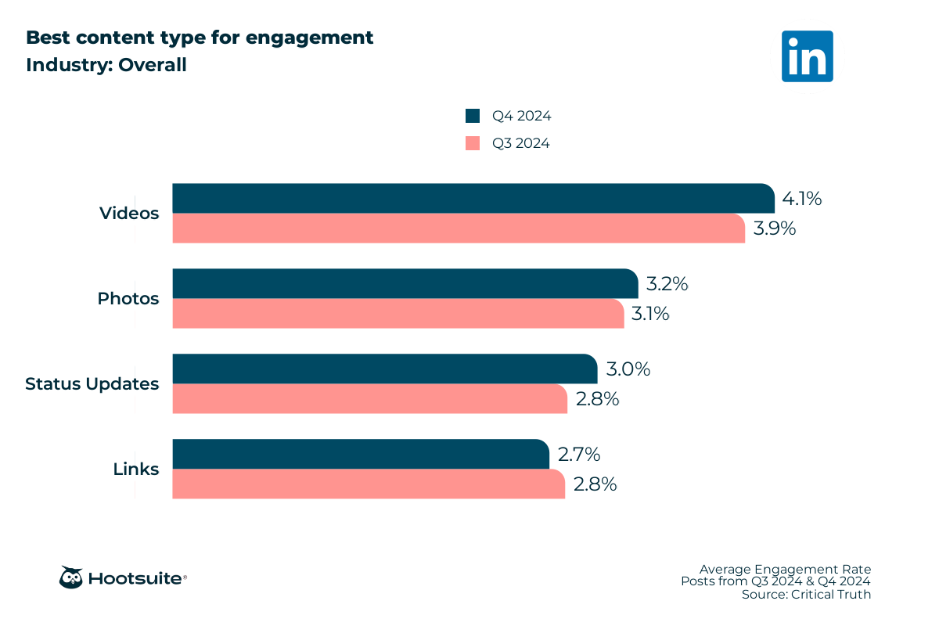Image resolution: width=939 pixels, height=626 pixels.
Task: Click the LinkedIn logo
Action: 807,56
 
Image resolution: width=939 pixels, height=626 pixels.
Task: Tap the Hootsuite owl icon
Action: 71,577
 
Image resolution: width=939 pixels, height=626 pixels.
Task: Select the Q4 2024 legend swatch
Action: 472,116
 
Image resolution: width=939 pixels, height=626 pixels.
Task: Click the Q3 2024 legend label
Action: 520,143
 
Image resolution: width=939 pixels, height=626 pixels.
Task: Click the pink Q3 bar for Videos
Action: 458,228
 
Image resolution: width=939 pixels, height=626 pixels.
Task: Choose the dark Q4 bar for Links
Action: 361,454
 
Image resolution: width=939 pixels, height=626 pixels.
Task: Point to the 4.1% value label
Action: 801,199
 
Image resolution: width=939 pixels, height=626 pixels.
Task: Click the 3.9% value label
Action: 774,228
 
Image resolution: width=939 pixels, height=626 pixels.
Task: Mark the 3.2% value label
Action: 667,284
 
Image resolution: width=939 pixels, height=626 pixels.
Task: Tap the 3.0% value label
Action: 628,369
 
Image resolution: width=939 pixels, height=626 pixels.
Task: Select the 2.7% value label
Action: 578,455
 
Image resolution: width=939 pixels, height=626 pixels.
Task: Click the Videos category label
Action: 129,213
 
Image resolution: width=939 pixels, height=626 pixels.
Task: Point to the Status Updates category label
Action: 92,384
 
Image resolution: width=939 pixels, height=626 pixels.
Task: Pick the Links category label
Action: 135,469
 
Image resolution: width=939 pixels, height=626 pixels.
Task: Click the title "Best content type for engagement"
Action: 200,38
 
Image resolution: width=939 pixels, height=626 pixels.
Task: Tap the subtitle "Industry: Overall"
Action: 106,65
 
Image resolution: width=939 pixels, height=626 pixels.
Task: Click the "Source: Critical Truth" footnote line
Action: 806,595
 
